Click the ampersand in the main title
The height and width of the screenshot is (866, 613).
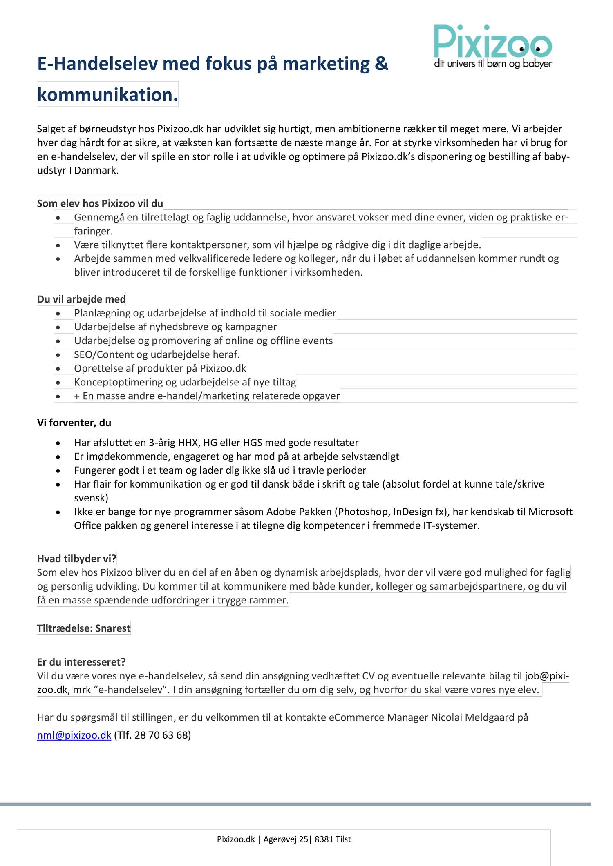tap(381, 64)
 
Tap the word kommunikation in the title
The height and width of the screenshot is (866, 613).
tap(107, 95)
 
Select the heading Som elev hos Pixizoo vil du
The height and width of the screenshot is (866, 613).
tap(100, 203)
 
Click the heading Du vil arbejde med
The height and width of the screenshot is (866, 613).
tap(81, 299)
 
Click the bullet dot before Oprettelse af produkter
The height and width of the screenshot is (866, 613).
tap(58, 369)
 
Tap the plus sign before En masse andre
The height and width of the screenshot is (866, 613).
tap(77, 396)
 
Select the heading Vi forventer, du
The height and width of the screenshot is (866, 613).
tap(74, 423)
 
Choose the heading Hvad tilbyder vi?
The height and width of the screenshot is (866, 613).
tap(76, 559)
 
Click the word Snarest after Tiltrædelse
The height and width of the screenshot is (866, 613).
tap(113, 628)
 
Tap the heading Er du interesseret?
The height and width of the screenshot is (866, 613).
tap(81, 662)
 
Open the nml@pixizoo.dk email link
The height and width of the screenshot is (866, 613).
tap(74, 735)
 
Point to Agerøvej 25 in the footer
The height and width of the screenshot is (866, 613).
tap(286, 839)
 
